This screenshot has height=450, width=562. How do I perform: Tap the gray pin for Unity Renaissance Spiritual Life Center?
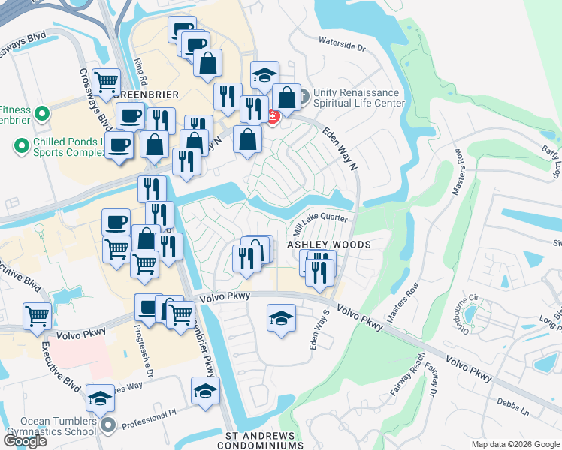[x=304, y=97]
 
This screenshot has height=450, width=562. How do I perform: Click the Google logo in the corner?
[x=25, y=440]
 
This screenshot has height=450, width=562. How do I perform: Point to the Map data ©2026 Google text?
[x=515, y=444]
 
